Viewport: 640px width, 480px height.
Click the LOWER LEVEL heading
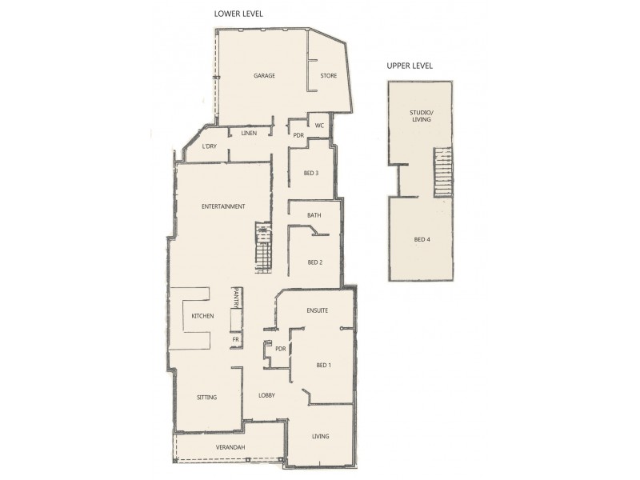238,14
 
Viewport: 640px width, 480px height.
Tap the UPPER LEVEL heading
410,66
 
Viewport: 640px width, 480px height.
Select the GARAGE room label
265,76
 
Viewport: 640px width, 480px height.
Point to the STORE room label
328,76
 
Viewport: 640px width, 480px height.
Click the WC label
318,126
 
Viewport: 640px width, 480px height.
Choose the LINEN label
249,133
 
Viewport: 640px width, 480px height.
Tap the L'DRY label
210,146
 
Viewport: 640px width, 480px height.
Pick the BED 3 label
311,173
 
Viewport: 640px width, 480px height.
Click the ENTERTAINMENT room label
223,206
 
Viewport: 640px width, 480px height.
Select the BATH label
314,215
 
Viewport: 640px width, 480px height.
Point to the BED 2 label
314,262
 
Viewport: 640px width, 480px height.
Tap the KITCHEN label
202,317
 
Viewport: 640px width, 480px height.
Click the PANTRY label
237,298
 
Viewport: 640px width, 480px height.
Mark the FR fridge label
236,339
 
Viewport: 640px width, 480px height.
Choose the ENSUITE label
318,310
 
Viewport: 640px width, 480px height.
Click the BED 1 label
323,366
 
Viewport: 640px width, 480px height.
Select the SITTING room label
207,398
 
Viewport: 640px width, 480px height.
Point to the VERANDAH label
230,446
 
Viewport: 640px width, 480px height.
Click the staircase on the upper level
443,172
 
